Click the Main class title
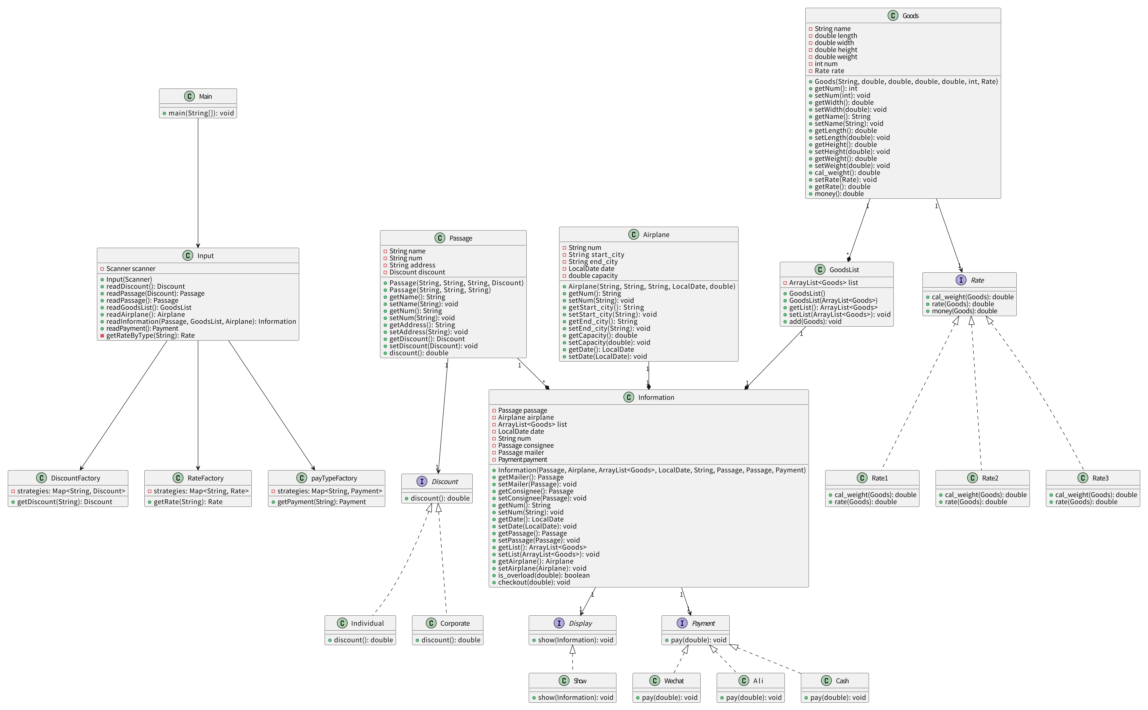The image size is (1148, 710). click(x=205, y=96)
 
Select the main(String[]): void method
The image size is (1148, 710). click(x=201, y=113)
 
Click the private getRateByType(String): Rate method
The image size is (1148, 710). click(x=150, y=335)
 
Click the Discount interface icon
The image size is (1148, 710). click(x=421, y=481)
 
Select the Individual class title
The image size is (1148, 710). click(x=367, y=623)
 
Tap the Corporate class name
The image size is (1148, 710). click(x=454, y=623)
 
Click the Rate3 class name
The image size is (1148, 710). click(x=1100, y=478)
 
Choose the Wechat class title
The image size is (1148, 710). click(x=673, y=681)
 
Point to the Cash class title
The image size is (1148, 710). click(x=842, y=681)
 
